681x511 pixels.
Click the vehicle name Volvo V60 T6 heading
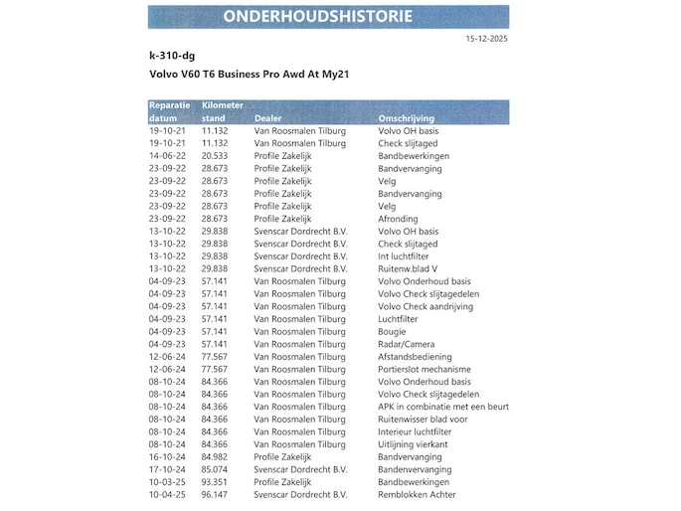(x=249, y=75)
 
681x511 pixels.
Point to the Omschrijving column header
(x=406, y=117)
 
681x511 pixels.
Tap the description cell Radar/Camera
(x=407, y=344)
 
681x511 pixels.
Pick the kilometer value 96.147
(x=215, y=494)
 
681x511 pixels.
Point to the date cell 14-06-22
(x=167, y=155)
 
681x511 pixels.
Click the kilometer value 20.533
(x=215, y=155)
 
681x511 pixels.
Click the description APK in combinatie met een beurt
(x=443, y=407)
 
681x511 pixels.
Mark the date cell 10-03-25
(x=167, y=482)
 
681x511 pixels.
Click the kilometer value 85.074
(x=215, y=469)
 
